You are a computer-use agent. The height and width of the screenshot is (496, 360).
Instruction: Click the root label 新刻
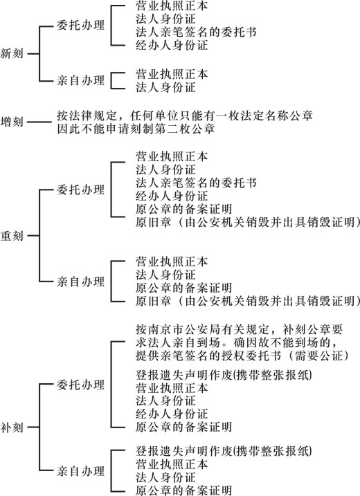[x=12, y=53]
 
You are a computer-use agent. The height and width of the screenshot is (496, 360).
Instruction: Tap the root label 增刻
[x=12, y=122]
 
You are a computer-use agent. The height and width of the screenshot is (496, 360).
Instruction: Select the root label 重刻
[x=12, y=236]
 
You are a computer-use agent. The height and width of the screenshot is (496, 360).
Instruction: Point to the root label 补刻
[x=12, y=428]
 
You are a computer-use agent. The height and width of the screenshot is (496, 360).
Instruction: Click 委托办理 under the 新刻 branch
[x=80, y=25]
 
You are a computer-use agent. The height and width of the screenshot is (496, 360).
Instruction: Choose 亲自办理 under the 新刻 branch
[x=80, y=80]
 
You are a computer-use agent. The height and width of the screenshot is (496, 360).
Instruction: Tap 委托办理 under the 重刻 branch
[x=80, y=190]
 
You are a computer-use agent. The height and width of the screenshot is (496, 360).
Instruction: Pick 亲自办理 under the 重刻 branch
[x=80, y=282]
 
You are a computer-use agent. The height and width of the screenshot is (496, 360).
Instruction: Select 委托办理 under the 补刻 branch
[x=80, y=385]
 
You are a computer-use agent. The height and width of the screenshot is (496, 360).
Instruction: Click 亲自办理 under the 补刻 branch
[x=80, y=471]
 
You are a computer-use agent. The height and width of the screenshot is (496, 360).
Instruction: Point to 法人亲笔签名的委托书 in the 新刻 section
[x=196, y=32]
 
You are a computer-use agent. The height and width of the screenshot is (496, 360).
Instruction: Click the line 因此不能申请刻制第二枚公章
[x=136, y=129]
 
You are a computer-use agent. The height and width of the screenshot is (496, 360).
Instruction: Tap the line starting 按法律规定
[x=185, y=116]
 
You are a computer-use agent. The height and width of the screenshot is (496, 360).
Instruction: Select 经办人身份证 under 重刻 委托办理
[x=172, y=196]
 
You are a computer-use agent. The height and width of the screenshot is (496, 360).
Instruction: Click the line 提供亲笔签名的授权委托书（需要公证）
[x=242, y=356]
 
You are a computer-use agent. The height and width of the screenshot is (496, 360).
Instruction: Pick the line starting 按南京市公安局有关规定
[x=240, y=329]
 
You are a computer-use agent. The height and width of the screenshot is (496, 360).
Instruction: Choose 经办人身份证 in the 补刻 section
[x=172, y=414]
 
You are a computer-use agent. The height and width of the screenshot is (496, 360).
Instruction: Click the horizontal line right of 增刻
[x=39, y=122]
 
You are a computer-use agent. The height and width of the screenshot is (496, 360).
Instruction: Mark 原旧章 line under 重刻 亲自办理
[x=248, y=301]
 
